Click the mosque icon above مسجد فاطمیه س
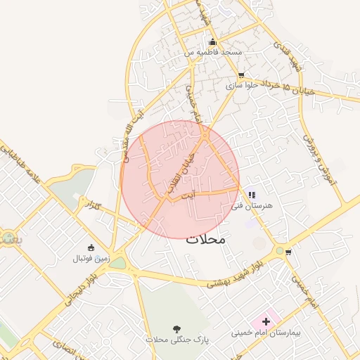(213, 42)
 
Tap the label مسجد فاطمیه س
(213, 53)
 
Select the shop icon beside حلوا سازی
(241, 75)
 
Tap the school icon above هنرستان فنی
(251, 195)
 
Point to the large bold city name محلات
(206, 239)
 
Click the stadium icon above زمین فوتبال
(91, 247)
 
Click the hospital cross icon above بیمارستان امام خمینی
(265, 321)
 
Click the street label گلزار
(92, 207)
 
